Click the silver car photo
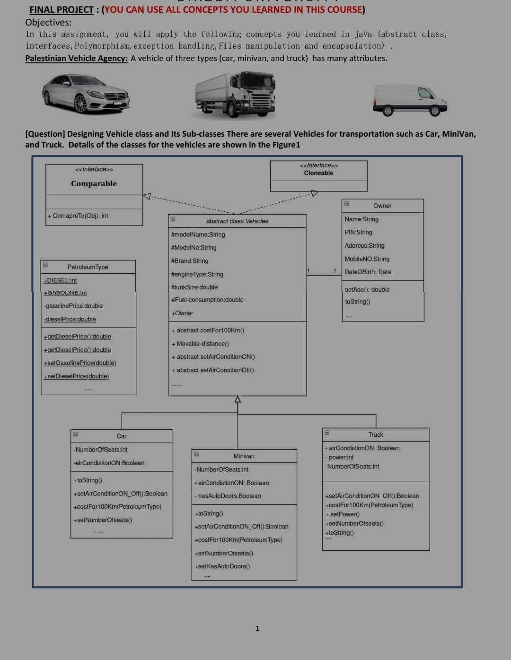pyautogui.click(x=86, y=94)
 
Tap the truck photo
pyautogui.click(x=236, y=95)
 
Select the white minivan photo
pyautogui.click(x=410, y=100)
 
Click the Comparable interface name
pyautogui.click(x=94, y=183)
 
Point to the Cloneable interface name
pyautogui.click(x=318, y=173)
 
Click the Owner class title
pyautogui.click(x=382, y=206)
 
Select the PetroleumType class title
pyautogui.click(x=88, y=267)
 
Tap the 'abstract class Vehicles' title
pyautogui.click(x=237, y=221)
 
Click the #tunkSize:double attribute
pyautogui.click(x=194, y=287)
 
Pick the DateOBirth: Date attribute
pyautogui.click(x=368, y=272)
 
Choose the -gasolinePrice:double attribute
pyautogui.click(x=73, y=306)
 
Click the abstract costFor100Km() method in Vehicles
pyautogui.click(x=208, y=330)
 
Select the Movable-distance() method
pyautogui.click(x=201, y=344)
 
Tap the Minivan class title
pyautogui.click(x=244, y=456)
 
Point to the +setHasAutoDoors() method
pyautogui.click(x=222, y=566)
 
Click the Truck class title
pyautogui.click(x=376, y=434)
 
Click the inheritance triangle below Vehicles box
pyautogui.click(x=238, y=399)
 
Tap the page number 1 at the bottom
pyautogui.click(x=257, y=628)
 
